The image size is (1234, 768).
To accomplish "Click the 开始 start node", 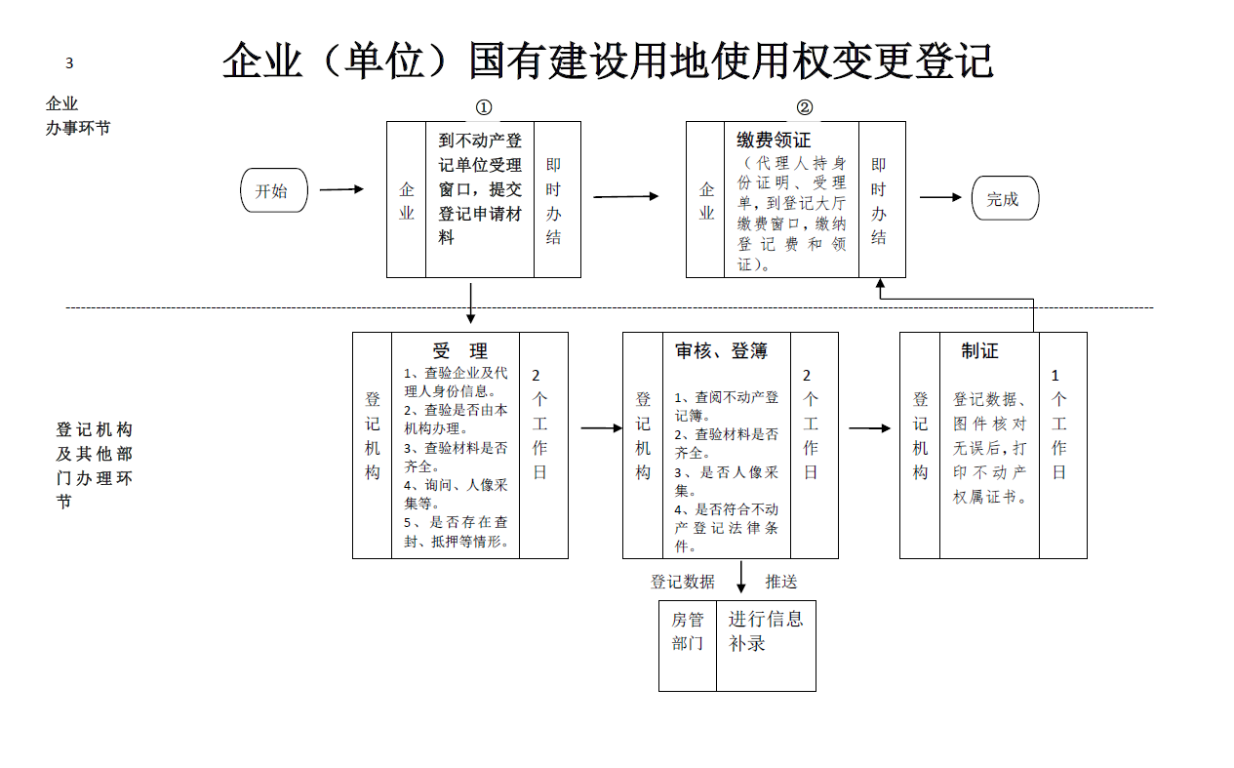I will point(274,191).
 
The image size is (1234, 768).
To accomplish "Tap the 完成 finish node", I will point(1005,199).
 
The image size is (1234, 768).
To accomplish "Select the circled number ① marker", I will point(483,107).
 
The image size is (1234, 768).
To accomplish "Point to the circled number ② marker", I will point(804,107).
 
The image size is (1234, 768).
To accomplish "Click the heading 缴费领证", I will point(774,141).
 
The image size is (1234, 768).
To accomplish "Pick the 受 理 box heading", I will point(459,350).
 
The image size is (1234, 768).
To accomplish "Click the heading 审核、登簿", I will point(721,351).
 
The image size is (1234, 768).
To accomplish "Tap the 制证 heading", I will point(979,350).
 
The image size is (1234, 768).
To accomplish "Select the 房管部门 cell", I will point(687,631).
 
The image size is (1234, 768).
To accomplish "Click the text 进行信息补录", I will point(765,630).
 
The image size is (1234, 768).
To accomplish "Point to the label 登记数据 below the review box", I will point(683,582).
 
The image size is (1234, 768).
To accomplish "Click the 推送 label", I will point(780,582).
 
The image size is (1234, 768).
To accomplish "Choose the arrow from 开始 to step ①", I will point(341,189).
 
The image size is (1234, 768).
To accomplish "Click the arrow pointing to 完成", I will point(939,197).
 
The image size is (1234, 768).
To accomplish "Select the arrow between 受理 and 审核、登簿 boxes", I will point(601,427).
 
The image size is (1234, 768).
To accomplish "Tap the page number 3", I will point(69,64).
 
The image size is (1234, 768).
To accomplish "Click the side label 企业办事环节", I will point(77,115).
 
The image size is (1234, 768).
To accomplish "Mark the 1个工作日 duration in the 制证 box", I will point(1058,424).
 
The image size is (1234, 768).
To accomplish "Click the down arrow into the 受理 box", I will point(471,303).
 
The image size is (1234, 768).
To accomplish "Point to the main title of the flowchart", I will point(607,61).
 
